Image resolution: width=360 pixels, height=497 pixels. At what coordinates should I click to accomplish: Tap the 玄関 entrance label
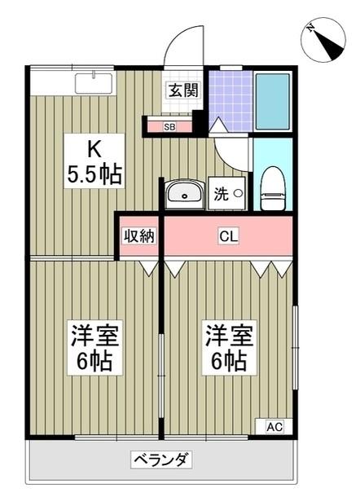182,90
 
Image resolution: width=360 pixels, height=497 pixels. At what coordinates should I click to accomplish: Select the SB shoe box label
169,126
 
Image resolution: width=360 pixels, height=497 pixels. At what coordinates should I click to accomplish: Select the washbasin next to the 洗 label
185,196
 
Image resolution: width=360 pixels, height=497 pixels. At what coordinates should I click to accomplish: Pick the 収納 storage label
138,236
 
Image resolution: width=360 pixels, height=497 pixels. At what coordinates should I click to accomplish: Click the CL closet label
228,236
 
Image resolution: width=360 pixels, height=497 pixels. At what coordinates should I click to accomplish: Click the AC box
274,426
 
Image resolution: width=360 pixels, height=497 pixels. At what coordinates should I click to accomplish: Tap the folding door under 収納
148,266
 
